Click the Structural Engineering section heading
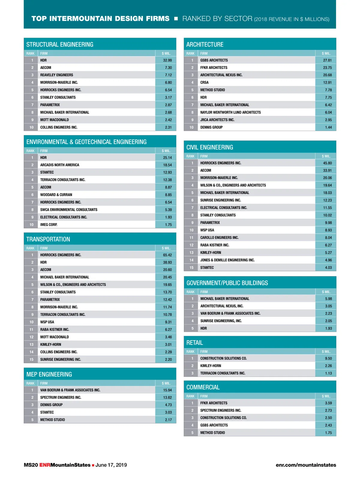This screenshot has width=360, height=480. click(60, 44)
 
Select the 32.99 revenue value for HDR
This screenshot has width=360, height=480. click(167, 60)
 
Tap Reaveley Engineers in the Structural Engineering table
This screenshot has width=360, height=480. click(57, 75)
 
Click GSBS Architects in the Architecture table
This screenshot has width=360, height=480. click(214, 60)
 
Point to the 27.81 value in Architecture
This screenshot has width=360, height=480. click(327, 60)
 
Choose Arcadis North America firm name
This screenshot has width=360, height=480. click(60, 165)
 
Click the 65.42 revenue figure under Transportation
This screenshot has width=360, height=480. click(167, 255)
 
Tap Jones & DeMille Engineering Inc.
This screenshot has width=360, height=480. click(227, 260)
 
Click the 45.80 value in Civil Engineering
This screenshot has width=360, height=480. click(327, 163)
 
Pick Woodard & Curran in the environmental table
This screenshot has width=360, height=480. click(56, 195)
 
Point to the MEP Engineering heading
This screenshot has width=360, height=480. click(49, 374)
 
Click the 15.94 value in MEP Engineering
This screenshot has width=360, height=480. click(167, 390)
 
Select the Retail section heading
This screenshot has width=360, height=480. click(195, 343)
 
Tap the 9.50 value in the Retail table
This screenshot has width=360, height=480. click(328, 358)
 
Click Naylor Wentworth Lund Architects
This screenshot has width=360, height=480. click(230, 112)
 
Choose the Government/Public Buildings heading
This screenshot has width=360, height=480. click(227, 283)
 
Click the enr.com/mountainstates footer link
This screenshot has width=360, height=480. click(306, 465)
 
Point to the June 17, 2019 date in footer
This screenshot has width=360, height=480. click(111, 465)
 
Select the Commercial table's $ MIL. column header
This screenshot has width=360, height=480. click(326, 396)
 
